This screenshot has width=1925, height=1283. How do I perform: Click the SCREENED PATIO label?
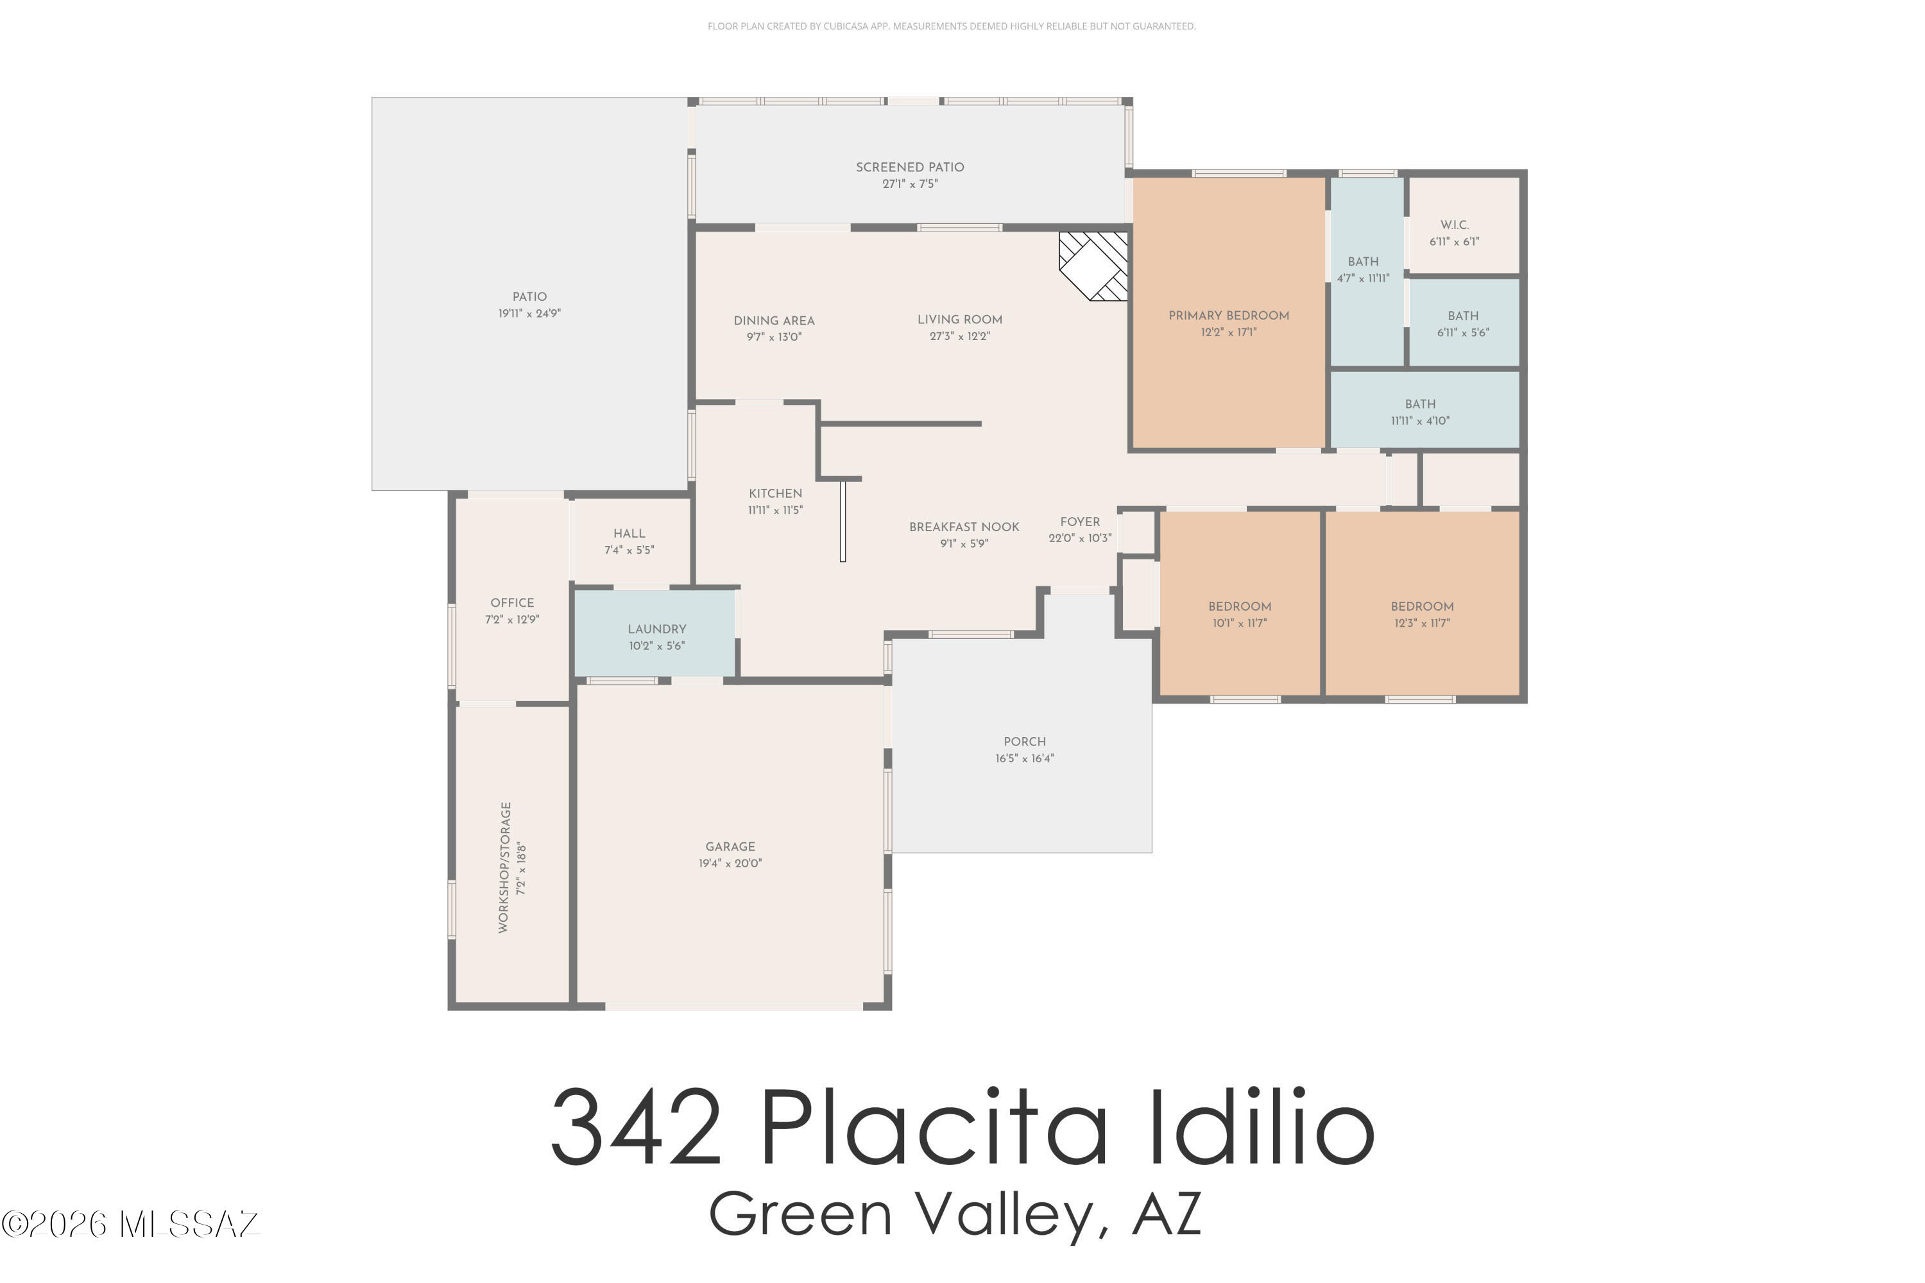pos(909,167)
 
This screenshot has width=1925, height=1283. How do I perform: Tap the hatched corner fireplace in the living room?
pos(1093,266)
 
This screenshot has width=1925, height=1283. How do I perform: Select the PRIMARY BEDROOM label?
pos(1229,316)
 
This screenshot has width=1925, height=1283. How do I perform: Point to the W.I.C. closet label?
pos(1455,225)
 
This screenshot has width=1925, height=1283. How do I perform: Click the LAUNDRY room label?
pos(656,629)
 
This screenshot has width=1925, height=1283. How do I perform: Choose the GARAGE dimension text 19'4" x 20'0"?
pos(730,863)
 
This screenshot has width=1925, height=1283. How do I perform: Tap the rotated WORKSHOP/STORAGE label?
pos(505,867)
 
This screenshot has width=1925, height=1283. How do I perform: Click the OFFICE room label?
pos(512,603)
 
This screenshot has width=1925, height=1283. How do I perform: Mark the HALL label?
pos(629,534)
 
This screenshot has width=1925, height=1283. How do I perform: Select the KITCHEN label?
pos(775,493)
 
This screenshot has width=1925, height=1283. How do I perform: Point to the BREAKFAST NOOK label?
pos(964,527)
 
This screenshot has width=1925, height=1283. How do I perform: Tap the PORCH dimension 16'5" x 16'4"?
pos(1025,758)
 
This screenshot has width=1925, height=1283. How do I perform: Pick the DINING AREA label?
pos(774,321)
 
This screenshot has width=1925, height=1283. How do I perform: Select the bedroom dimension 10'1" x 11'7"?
pos(1239,624)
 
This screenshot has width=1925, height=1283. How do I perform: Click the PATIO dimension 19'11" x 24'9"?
pos(529,314)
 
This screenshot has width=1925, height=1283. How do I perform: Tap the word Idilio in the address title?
pos(1262,1128)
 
